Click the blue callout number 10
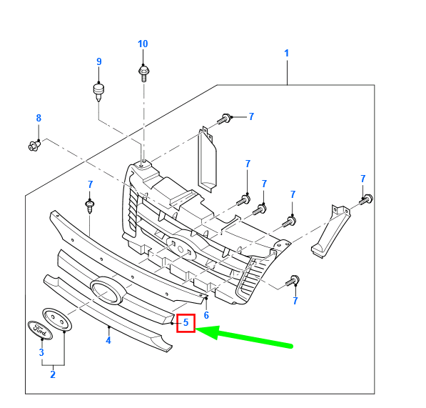(x=143, y=44)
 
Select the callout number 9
(x=99, y=61)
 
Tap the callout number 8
(x=39, y=118)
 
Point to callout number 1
(x=286, y=53)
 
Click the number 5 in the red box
(x=186, y=322)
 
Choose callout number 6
(x=206, y=315)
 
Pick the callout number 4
(x=108, y=340)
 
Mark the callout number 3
(x=41, y=352)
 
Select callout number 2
(x=53, y=374)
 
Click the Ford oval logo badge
(x=40, y=330)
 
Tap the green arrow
(x=244, y=337)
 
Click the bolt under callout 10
(x=143, y=73)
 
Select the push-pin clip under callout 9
(x=98, y=92)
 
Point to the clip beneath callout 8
(x=34, y=146)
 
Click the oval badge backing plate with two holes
(x=57, y=320)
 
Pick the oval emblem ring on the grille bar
(x=108, y=291)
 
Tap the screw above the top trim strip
(x=90, y=207)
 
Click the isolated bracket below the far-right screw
(x=330, y=232)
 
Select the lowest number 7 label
(x=295, y=301)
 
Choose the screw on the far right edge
(x=366, y=199)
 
